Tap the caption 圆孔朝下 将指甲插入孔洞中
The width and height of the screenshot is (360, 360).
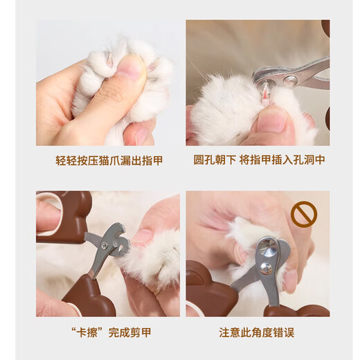(258, 160)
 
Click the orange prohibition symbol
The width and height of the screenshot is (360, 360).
(303, 215)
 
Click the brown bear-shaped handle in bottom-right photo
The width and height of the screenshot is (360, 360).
(208, 289)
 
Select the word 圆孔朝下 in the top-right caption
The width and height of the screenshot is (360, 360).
(214, 160)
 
